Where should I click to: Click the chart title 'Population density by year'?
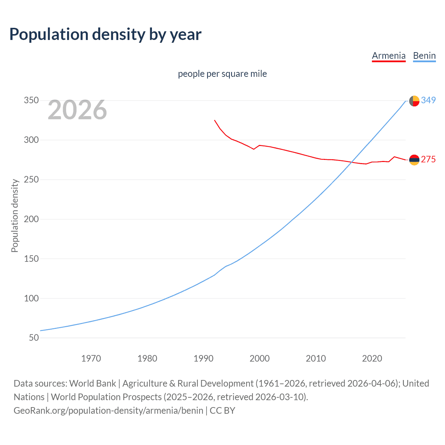[x=105, y=34]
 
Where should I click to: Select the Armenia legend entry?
[x=389, y=56]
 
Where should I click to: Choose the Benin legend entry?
[x=424, y=56]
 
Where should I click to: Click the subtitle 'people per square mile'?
[x=222, y=74]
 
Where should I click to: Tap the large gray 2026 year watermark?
[x=77, y=110]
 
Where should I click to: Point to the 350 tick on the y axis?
[x=31, y=100]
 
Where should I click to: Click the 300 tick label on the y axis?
[x=31, y=140]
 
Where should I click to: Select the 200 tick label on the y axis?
[x=31, y=219]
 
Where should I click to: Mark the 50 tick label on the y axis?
[x=34, y=338]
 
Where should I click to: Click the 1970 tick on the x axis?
[x=91, y=358]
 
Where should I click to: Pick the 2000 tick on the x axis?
[x=260, y=358]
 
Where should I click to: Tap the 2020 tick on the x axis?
[x=372, y=358]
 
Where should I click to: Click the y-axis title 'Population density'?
[x=15, y=216]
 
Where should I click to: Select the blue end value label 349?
[x=428, y=100]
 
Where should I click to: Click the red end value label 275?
[x=428, y=160]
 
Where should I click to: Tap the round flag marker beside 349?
[x=414, y=101]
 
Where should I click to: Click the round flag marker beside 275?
[x=414, y=160]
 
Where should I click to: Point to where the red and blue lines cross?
[x=353, y=162]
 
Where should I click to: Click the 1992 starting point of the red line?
[x=215, y=120]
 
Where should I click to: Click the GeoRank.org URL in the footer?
[x=108, y=411]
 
